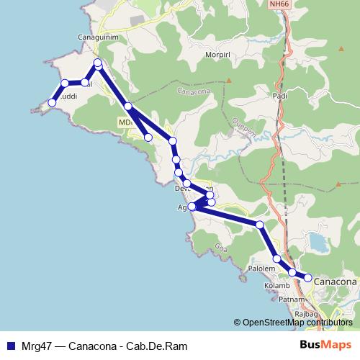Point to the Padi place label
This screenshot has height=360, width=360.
281,95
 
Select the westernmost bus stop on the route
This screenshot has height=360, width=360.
51,103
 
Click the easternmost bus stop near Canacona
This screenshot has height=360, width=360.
308,277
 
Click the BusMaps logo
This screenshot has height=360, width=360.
326,345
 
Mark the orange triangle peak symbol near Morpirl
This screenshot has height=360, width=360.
228,80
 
